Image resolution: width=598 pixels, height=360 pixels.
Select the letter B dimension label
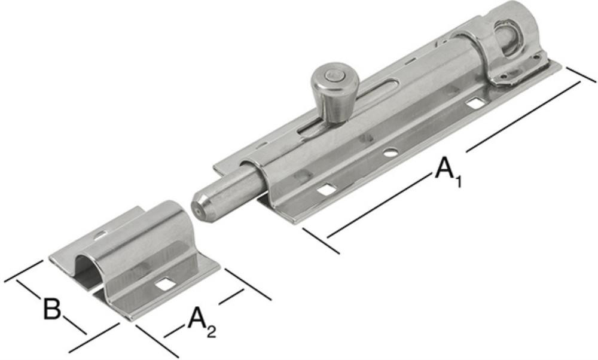51,309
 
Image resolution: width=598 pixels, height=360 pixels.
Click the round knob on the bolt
334,92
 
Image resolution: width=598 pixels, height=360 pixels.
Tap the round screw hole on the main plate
390,153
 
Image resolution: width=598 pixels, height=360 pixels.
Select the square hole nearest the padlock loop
475,103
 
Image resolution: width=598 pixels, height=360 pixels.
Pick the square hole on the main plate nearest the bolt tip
327,189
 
